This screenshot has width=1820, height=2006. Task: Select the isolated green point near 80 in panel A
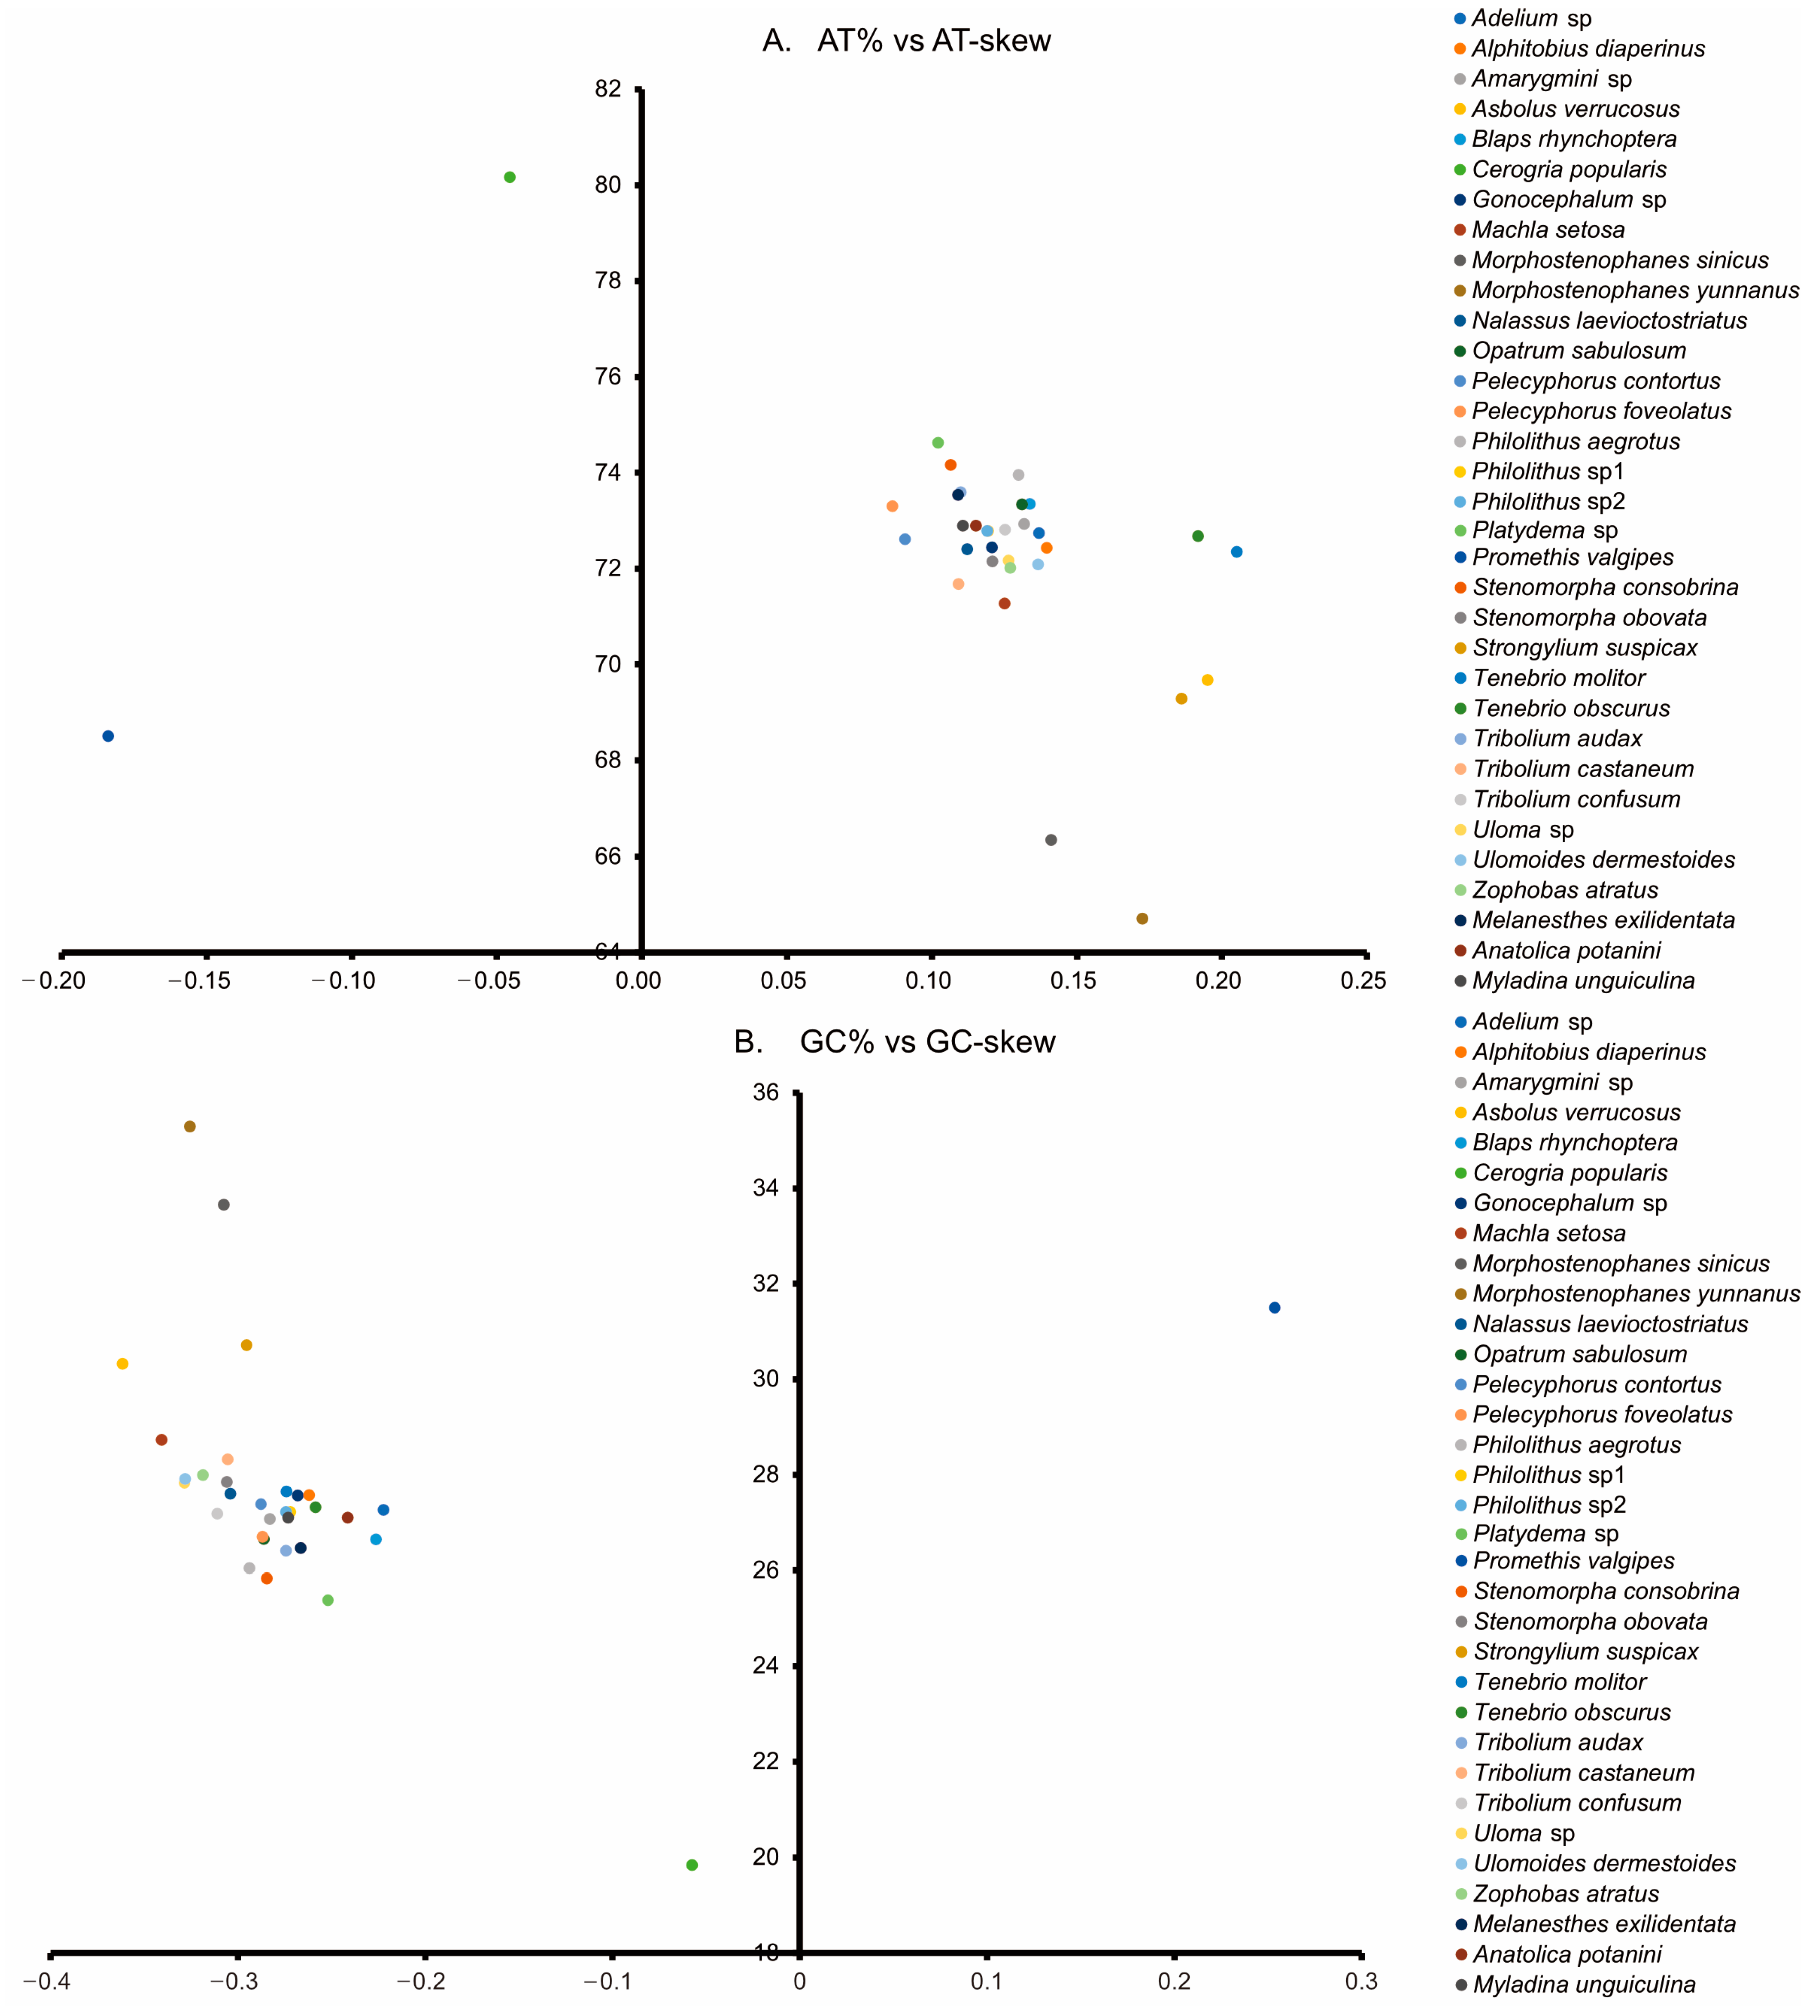[509, 177]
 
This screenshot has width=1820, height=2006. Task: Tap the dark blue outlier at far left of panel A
[109, 736]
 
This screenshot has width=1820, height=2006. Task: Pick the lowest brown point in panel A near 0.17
[1142, 919]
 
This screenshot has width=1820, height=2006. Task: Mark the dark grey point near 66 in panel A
[1051, 840]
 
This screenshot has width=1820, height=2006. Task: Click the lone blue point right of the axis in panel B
[1275, 1308]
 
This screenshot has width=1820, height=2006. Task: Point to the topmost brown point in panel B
[190, 1126]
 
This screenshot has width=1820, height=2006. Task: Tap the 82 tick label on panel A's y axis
[608, 90]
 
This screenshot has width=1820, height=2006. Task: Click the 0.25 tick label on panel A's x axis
[1362, 981]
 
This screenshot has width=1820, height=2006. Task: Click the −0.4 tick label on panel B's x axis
[47, 1981]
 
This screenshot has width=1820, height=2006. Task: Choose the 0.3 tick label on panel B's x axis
[1361, 1981]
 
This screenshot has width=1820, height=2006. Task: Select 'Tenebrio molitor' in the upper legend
[1558, 679]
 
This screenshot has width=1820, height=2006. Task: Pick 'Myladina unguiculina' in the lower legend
[1584, 1984]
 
